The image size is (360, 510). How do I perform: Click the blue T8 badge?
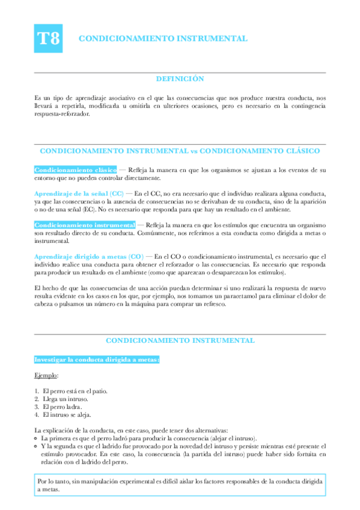[x=49, y=38]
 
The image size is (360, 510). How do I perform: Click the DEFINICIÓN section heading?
[x=180, y=79]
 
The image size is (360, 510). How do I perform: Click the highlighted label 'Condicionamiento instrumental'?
[x=84, y=224]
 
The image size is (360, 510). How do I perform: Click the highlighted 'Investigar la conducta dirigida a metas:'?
[x=97, y=359]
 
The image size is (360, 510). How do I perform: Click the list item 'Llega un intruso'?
[x=66, y=398]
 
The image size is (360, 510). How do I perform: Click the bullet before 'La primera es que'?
[x=37, y=438]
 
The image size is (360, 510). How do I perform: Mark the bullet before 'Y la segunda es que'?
[x=37, y=446]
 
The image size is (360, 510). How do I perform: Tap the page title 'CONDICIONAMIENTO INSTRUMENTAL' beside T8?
[x=163, y=38]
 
